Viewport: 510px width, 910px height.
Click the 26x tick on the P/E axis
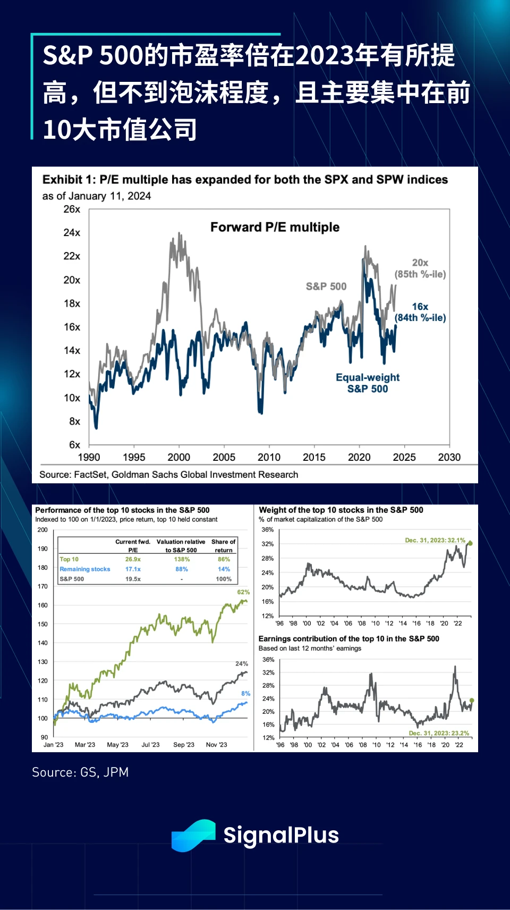tap(72, 209)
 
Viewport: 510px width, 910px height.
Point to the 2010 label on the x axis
tap(269, 457)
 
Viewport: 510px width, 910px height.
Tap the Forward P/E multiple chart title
tap(275, 227)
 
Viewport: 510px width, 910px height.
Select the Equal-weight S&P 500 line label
tap(368, 383)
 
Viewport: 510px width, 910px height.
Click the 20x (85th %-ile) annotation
tap(420, 268)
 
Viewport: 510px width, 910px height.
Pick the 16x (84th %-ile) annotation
tap(420, 312)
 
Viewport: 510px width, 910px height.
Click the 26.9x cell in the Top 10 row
tap(133, 559)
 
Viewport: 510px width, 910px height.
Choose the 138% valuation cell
tap(182, 559)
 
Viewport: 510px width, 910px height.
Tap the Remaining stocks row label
tap(85, 569)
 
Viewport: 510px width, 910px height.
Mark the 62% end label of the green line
tap(243, 592)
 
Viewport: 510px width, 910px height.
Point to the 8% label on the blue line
tap(245, 694)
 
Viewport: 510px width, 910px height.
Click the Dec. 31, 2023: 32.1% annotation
tap(435, 540)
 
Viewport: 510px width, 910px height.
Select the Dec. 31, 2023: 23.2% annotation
tap(439, 733)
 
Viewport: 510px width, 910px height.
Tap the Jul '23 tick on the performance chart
tap(150, 745)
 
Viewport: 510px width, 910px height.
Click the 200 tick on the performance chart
tap(42, 530)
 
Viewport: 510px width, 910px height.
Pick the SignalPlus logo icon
tap(193, 835)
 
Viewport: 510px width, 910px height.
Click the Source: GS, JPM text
tap(80, 772)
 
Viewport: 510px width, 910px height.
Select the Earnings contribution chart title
tap(348, 639)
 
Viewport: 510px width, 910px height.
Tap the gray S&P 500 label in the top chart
tap(326, 287)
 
